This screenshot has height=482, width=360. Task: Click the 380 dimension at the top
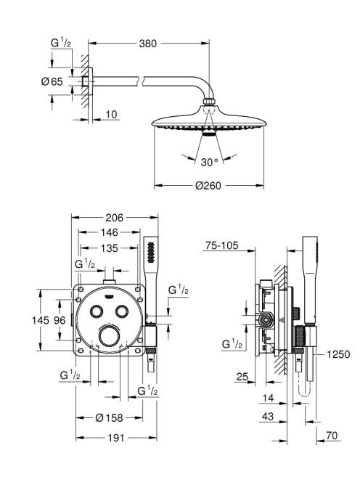tap(147, 44)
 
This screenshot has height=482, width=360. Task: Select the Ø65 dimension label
tap(52, 81)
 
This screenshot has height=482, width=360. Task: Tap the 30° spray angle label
tap(209, 162)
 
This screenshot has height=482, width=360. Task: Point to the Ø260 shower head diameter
tap(208, 185)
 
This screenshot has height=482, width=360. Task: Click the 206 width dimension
tap(115, 218)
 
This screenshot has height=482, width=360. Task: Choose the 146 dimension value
tap(109, 232)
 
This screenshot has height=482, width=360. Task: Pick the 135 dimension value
tap(109, 248)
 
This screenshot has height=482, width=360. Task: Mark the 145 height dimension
tap(40, 320)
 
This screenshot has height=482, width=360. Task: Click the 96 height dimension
tap(60, 320)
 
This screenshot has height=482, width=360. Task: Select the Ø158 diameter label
tap(109, 417)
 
